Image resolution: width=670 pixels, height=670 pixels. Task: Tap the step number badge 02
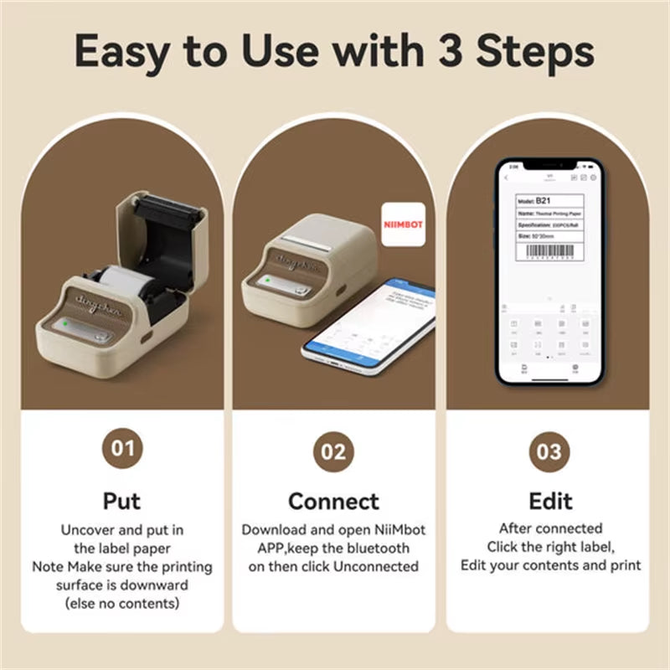[333, 452]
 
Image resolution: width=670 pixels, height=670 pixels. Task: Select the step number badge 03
[549, 452]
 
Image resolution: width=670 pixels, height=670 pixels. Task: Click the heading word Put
[121, 501]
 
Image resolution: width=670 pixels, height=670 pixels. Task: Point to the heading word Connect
[333, 501]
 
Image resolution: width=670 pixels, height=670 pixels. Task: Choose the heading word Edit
[550, 501]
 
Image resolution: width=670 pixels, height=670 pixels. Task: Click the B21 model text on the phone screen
[544, 201]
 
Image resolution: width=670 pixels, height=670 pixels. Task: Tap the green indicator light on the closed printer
[262, 282]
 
